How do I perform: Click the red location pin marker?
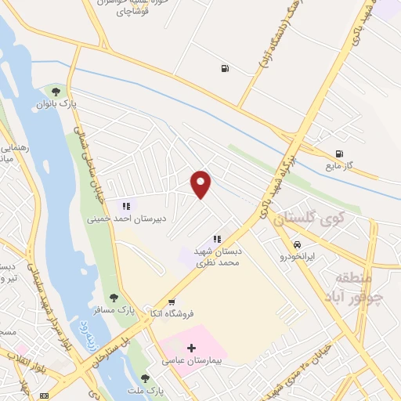tap(201, 183)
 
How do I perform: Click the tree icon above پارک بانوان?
tap(56, 92)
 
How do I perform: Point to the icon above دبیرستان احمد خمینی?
tap(125, 207)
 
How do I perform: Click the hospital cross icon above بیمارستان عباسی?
tap(192, 347)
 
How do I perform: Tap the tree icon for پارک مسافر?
tap(114, 297)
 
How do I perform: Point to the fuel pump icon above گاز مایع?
tap(338, 154)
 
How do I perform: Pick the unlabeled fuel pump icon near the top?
tap(226, 68)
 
